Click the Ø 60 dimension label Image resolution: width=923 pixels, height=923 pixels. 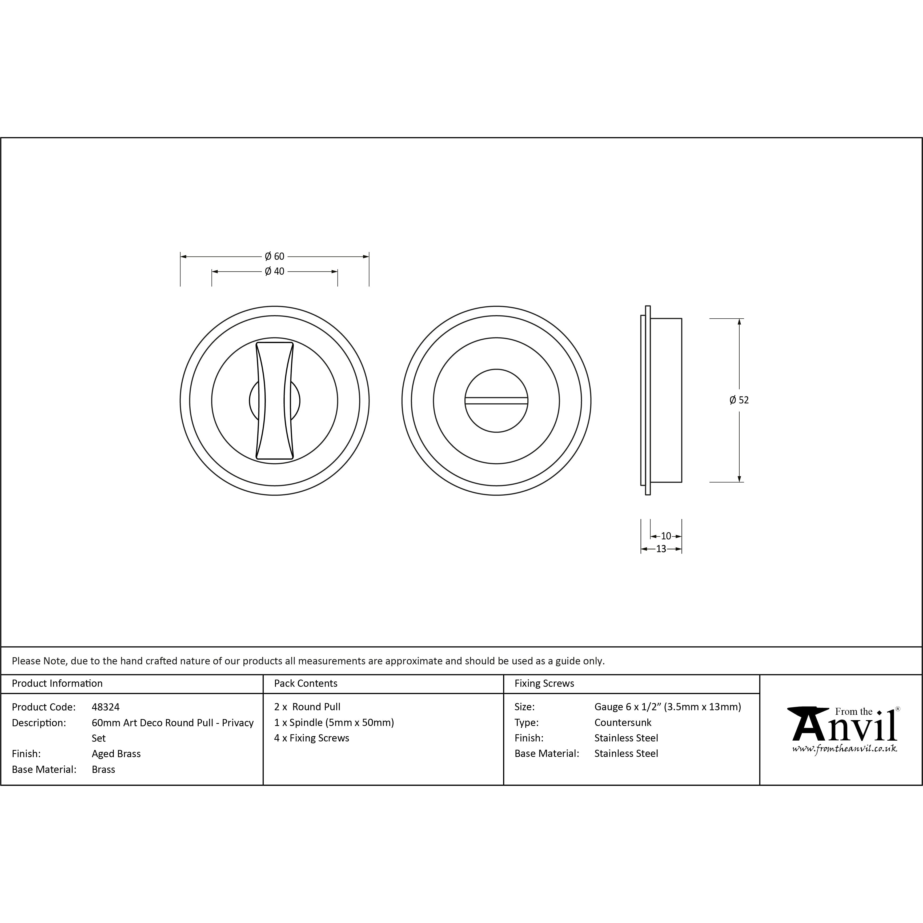[x=275, y=256]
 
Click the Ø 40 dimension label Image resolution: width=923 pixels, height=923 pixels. [x=275, y=271]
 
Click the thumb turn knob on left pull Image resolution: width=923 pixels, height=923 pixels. [x=275, y=400]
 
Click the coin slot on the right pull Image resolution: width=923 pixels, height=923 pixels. [x=496, y=401]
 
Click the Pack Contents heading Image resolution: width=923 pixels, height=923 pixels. [x=306, y=683]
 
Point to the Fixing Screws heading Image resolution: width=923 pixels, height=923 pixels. [x=544, y=683]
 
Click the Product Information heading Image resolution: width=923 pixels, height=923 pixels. [x=57, y=683]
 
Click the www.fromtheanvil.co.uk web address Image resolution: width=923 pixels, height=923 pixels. [x=844, y=749]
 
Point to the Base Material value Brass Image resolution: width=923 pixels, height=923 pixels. [x=103, y=769]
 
